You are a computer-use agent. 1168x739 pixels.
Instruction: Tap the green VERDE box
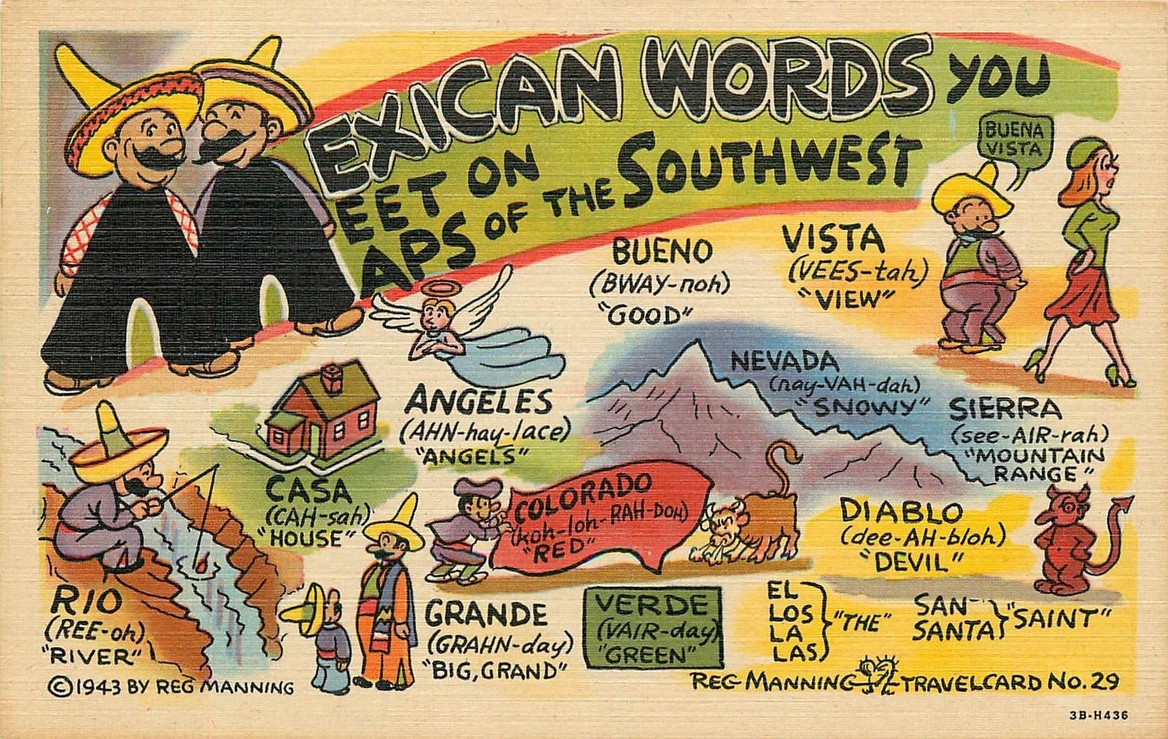coord(652,627)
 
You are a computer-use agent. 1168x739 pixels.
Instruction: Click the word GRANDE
coord(486,614)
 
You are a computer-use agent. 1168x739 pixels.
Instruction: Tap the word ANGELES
coord(480,401)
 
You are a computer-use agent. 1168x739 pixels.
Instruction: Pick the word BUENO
coord(661,252)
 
